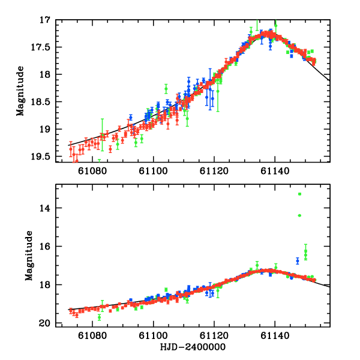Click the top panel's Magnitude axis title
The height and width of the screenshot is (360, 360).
(20, 91)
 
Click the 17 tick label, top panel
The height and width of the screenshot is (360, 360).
(46, 20)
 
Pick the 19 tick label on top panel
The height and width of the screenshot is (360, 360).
(46, 130)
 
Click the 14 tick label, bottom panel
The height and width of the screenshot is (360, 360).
(46, 208)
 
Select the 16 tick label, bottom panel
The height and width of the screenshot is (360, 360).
(46, 247)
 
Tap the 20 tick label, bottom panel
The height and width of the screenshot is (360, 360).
(46, 323)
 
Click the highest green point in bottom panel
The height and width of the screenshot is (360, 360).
(299, 194)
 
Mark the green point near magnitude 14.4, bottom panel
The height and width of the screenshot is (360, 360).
(299, 215)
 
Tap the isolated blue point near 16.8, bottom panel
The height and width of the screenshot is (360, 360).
(298, 261)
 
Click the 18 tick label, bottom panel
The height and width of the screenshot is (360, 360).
(46, 285)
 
